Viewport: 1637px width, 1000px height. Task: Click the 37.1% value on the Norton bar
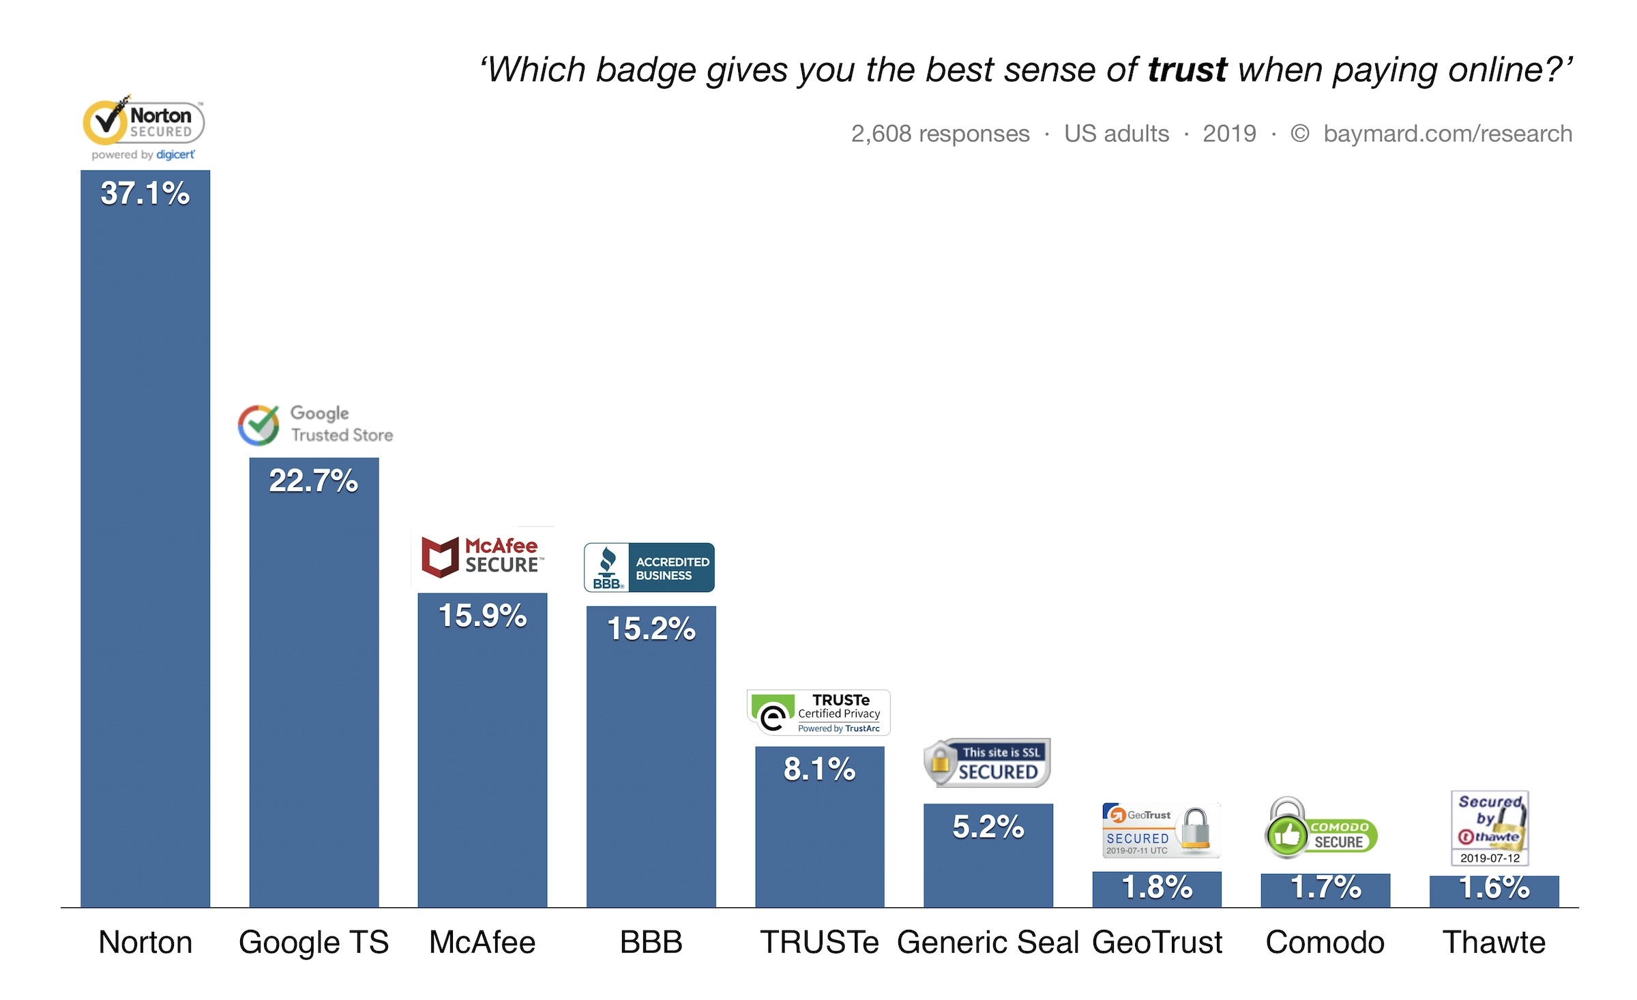point(145,193)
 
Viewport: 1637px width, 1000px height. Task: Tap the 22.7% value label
point(313,480)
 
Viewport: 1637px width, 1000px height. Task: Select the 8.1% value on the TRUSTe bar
point(819,769)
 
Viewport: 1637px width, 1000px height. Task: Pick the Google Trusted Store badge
point(315,424)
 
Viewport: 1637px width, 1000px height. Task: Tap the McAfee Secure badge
point(482,557)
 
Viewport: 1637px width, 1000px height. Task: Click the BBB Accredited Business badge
point(649,568)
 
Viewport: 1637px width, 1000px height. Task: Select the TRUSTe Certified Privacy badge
point(818,713)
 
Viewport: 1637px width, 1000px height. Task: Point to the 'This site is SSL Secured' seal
point(986,763)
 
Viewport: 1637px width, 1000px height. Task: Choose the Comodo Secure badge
point(1321,828)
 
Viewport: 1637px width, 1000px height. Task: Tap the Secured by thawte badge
point(1490,828)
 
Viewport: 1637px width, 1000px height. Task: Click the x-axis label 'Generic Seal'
point(988,942)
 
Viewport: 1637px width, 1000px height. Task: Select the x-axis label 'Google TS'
point(313,942)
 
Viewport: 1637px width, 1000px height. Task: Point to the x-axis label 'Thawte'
point(1494,942)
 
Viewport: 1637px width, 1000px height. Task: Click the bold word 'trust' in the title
point(1188,70)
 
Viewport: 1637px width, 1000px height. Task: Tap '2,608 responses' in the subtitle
point(940,134)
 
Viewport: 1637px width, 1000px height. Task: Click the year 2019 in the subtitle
point(1229,134)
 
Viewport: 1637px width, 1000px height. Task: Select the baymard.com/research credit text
point(1447,134)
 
